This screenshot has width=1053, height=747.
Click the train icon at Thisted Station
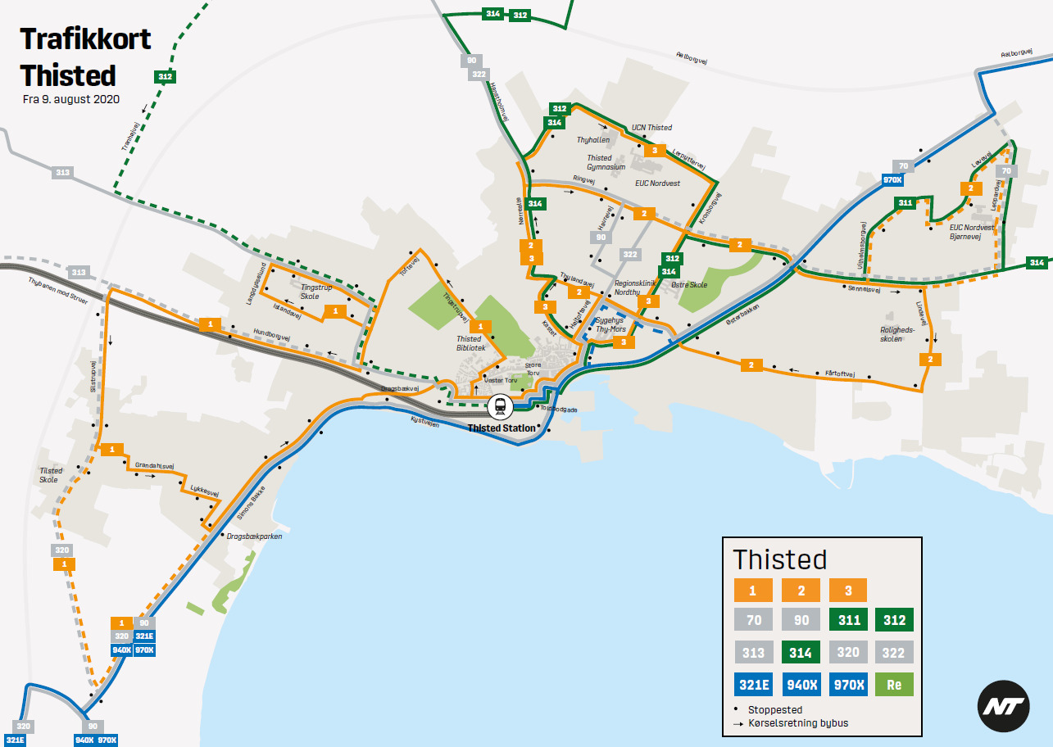coord(499,405)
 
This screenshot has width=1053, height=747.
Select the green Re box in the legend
coord(894,684)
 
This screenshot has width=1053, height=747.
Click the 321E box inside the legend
coord(753,684)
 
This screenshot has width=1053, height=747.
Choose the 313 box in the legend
coord(753,652)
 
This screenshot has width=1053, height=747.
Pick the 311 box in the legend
coord(848,619)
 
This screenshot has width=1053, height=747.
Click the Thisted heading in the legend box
coord(779,559)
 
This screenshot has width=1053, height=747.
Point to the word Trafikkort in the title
coord(86,39)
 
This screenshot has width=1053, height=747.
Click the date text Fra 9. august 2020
coord(71,99)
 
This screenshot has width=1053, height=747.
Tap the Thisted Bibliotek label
coord(471,343)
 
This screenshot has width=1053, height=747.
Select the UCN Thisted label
coord(651,128)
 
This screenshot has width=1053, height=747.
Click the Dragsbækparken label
coord(254,536)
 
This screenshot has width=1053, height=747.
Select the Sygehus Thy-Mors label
coord(610,324)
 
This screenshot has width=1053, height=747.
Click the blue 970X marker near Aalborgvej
coord(892,180)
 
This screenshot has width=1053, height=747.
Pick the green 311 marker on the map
coord(905,202)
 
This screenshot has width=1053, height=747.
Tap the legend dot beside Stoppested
coord(737,709)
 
